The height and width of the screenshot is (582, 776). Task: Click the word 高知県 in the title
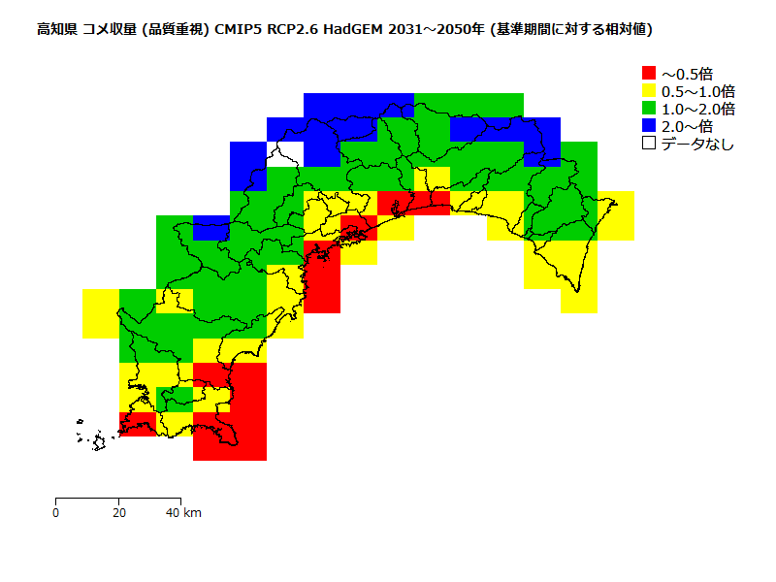[x=56, y=30]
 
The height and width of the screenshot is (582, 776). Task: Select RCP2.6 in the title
[x=292, y=30]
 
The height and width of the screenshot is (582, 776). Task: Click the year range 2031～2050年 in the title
[x=435, y=30]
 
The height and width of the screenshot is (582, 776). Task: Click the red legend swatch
[x=649, y=73]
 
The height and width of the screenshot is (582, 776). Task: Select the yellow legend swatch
[x=649, y=90]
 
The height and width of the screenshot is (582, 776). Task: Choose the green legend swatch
[x=649, y=108]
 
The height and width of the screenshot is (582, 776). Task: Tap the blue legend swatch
[x=649, y=125]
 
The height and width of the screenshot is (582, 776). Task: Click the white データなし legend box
[x=649, y=143]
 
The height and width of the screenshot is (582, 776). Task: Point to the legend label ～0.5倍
[x=688, y=73]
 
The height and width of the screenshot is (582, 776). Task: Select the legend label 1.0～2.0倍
[x=697, y=108]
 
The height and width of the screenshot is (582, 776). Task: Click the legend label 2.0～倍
[x=688, y=125]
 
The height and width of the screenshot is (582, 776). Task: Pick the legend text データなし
[x=697, y=144]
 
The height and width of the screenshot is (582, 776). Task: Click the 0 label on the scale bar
[x=56, y=512]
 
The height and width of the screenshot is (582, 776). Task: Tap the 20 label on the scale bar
[x=118, y=512]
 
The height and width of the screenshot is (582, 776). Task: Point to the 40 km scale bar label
[x=183, y=512]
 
